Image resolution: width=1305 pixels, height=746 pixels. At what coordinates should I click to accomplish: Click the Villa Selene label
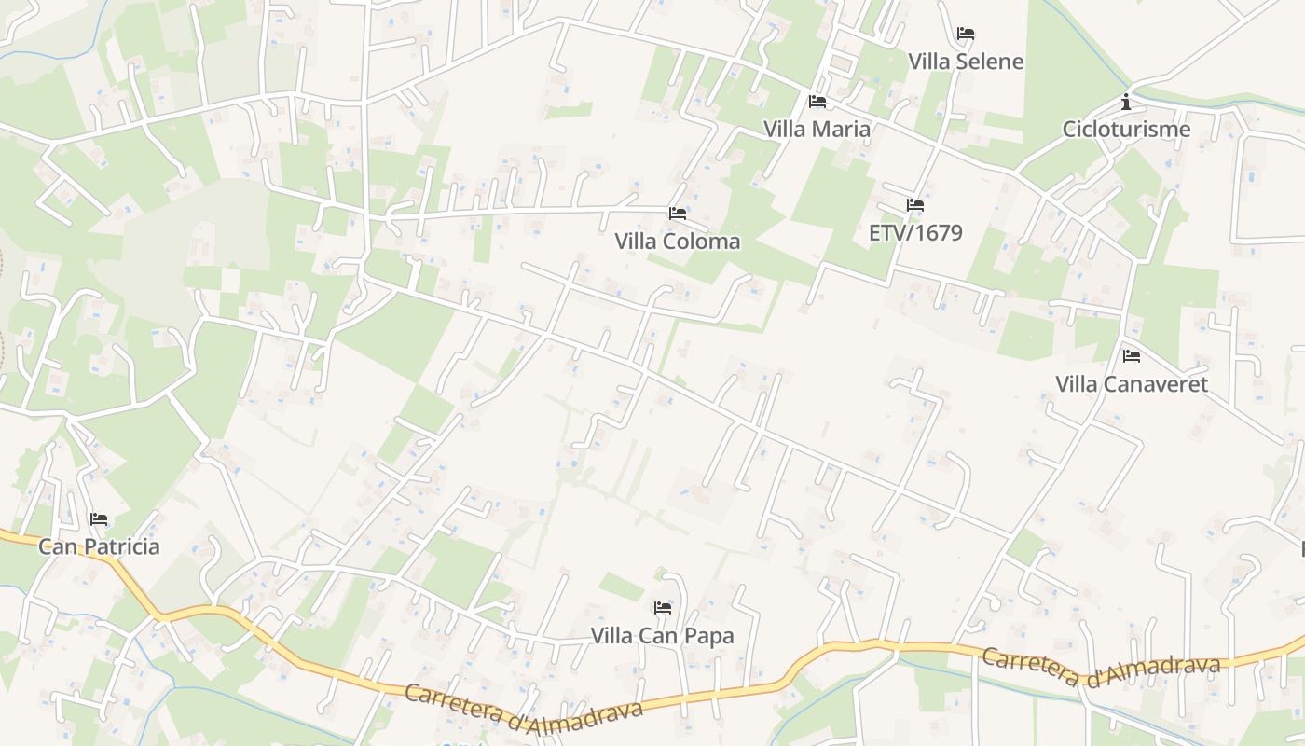tap(966, 62)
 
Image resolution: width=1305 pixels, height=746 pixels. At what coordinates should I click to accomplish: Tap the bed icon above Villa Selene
tap(966, 34)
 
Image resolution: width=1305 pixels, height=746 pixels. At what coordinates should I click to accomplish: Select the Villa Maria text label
tap(817, 129)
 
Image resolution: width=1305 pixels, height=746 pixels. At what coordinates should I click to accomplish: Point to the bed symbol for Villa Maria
tap(817, 101)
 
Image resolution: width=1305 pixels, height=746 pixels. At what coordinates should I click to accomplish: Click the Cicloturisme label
tap(1126, 129)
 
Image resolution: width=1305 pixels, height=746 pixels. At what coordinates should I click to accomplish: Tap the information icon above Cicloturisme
tap(1126, 101)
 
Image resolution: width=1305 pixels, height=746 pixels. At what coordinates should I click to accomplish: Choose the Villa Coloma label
tap(678, 242)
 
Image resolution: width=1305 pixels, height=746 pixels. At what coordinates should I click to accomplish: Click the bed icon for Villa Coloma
tap(678, 214)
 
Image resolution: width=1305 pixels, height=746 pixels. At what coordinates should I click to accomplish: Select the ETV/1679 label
tap(915, 232)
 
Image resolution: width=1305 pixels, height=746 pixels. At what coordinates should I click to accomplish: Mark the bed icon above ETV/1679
tap(915, 204)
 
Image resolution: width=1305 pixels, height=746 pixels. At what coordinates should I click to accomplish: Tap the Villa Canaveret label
tap(1132, 383)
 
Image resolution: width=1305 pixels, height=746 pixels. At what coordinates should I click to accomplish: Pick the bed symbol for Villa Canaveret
tap(1132, 355)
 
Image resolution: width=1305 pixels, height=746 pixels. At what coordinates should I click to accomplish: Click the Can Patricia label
tap(99, 546)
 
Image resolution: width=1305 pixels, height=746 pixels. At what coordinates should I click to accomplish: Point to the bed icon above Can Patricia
tap(99, 518)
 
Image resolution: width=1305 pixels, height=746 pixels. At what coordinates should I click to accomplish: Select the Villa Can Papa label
tap(663, 636)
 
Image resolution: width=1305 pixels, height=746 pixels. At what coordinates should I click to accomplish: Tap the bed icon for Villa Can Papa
tap(663, 608)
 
